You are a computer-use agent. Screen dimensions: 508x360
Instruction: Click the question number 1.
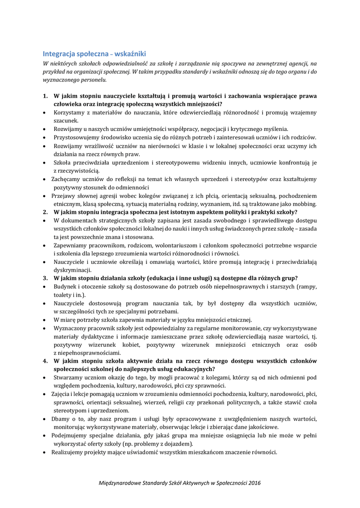coord(45,96)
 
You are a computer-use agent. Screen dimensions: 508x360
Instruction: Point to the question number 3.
coord(45,278)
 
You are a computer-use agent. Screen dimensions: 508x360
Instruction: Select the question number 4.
coord(45,361)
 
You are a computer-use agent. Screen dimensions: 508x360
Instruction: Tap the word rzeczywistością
coord(76,171)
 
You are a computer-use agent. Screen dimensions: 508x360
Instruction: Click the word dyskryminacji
coord(72,270)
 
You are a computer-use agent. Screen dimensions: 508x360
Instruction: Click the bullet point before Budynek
coord(46,287)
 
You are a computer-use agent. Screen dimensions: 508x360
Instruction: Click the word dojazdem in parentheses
coord(174,444)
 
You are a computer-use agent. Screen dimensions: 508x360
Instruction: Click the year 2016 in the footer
coord(253,483)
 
